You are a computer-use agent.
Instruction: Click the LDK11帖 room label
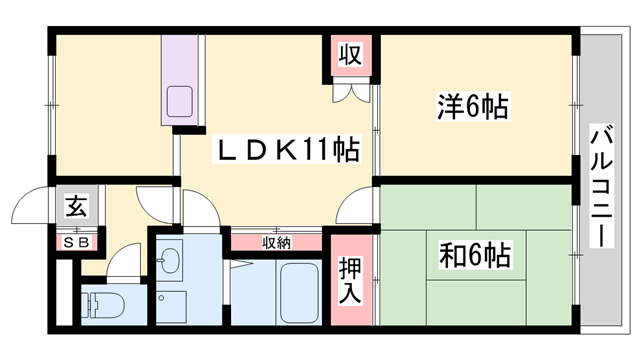(289, 152)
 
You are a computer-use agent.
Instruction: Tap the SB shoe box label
(76, 241)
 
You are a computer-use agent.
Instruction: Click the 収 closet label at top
(348, 54)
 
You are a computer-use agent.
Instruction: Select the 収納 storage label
(277, 241)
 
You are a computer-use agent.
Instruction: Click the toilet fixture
(101, 303)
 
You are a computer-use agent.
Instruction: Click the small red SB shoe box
(76, 241)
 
